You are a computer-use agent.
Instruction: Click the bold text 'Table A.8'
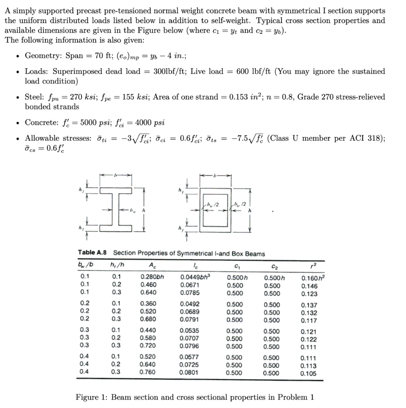pos(92,253)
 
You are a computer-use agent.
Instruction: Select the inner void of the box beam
pos(215,209)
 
